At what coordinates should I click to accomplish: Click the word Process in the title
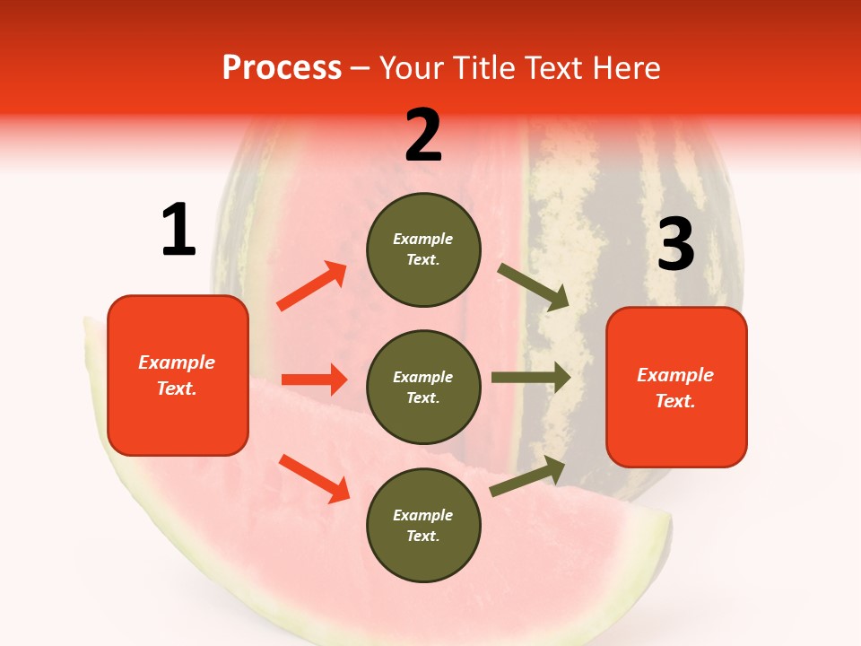(282, 67)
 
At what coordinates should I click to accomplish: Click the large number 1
(178, 230)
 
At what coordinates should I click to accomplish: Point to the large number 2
(423, 135)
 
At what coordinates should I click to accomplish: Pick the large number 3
(675, 244)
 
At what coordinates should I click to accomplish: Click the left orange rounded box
(178, 375)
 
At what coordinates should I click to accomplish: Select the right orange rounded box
(676, 388)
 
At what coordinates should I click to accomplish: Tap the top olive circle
(423, 249)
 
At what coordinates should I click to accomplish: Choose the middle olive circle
(423, 387)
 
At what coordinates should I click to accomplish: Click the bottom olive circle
(423, 525)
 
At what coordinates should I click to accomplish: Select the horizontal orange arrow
(314, 380)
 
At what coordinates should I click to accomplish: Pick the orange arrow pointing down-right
(314, 478)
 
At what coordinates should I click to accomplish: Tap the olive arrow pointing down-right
(534, 287)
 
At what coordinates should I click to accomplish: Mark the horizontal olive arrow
(531, 378)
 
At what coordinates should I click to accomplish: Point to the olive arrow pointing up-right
(527, 476)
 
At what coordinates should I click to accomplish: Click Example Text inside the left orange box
(177, 375)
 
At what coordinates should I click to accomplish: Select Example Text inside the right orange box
(675, 388)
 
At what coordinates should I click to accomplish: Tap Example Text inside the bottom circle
(423, 525)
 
